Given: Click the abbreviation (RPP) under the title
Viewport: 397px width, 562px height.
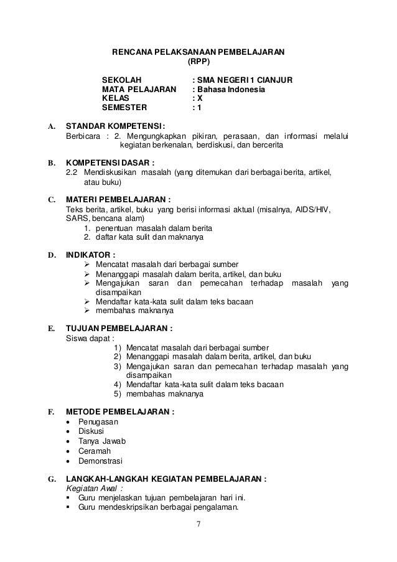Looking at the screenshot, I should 199,62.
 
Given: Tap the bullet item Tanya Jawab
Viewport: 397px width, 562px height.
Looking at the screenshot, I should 101,441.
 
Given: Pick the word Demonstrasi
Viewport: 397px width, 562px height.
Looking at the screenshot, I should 100,461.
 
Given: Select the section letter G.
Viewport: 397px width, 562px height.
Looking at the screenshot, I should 51,479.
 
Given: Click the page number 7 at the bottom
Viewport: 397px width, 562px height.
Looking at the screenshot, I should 199,523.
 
